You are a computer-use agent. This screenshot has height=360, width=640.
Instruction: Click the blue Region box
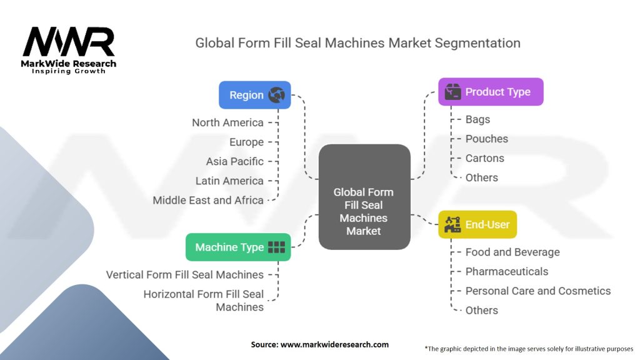[x=255, y=95]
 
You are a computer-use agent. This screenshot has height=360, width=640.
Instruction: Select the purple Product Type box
[x=491, y=92]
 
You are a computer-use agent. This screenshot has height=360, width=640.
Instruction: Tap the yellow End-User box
[x=477, y=224]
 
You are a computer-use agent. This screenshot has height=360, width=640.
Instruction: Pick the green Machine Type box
[x=238, y=247]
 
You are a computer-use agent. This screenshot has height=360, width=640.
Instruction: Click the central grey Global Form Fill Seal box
[x=364, y=197]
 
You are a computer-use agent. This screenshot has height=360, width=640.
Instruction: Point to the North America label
[x=227, y=122]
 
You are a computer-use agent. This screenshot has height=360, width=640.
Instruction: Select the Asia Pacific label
[x=235, y=161]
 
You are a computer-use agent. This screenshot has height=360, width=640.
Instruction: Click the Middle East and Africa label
[x=208, y=201]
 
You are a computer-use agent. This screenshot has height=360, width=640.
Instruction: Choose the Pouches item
[x=486, y=139]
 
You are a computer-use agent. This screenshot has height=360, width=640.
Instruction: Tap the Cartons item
[x=484, y=158]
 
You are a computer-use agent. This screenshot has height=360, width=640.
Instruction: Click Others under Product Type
[x=482, y=177]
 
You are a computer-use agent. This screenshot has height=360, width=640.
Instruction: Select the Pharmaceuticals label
[x=506, y=271]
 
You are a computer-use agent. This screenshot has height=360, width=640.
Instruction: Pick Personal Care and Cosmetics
[x=538, y=291]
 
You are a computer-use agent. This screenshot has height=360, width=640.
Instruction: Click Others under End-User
[x=482, y=310]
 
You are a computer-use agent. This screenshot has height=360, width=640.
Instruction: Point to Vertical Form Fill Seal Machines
[x=185, y=275]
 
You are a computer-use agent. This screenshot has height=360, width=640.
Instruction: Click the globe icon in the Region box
[x=276, y=95]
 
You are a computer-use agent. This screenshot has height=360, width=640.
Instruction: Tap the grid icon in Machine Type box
[x=276, y=247]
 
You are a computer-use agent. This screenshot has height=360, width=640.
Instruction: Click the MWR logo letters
[x=69, y=42]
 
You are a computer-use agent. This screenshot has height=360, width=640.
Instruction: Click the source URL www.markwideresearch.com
[x=335, y=344]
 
